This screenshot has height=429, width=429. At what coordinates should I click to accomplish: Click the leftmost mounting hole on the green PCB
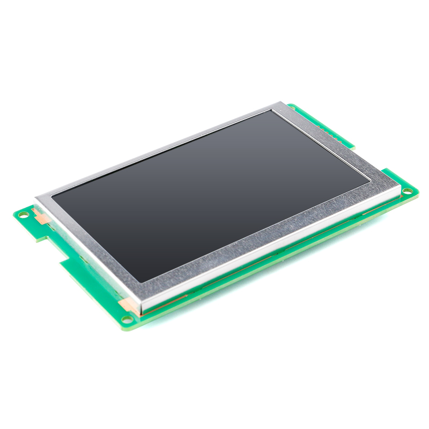[x=24, y=214]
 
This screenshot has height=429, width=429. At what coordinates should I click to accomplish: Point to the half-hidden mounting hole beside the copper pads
[x=292, y=108]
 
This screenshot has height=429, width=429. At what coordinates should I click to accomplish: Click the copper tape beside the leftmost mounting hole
[x=41, y=216]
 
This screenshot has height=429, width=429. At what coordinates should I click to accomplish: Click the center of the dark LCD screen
[x=212, y=196]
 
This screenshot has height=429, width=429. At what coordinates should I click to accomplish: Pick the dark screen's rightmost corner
[x=371, y=181]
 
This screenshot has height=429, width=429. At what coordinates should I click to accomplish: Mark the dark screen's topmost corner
[x=272, y=111]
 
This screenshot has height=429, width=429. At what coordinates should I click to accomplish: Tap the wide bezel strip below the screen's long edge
[x=257, y=236]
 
